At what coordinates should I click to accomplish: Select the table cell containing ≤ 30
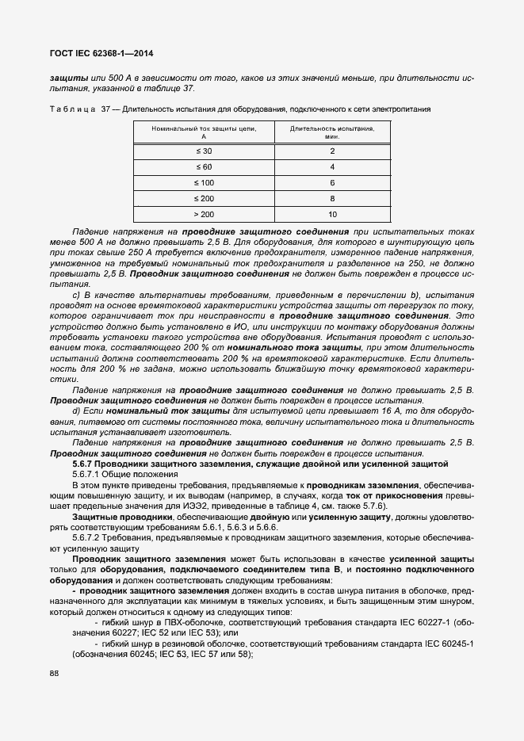[x=203, y=151]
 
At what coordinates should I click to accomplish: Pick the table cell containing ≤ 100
[x=203, y=182]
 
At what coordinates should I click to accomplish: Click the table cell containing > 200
[x=203, y=214]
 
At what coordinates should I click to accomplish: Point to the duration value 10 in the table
[x=332, y=214]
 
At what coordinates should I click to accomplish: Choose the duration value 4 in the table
[x=332, y=166]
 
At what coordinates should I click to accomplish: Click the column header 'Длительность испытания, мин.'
[x=332, y=131]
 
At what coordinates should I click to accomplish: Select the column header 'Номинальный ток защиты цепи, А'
[x=203, y=131]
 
